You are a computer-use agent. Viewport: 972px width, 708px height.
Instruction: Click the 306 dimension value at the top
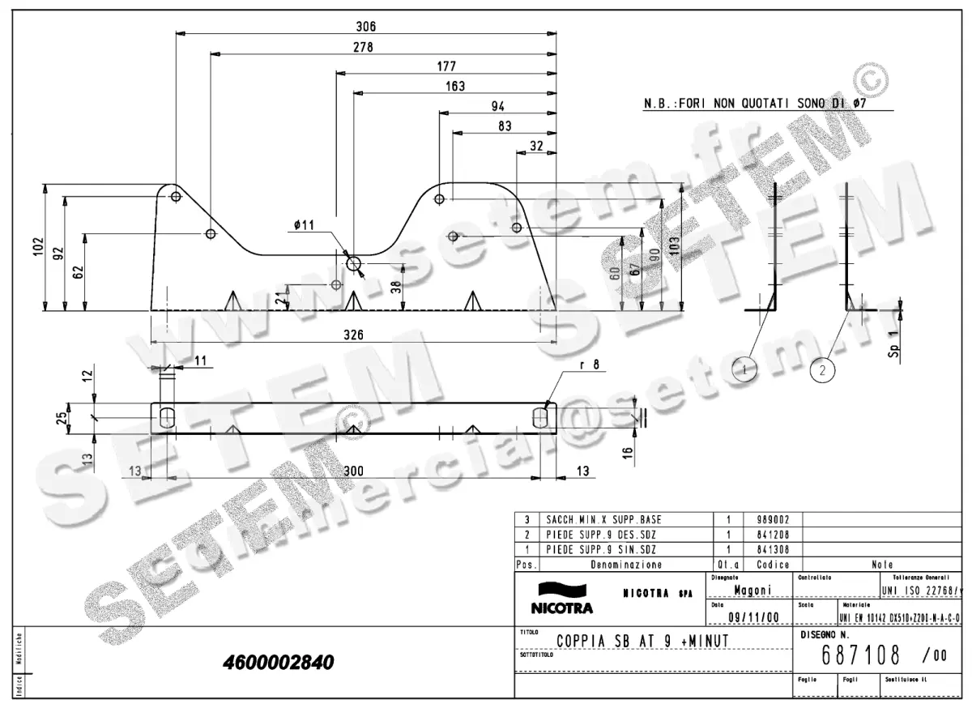366,26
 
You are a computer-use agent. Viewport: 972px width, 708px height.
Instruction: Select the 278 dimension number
363,47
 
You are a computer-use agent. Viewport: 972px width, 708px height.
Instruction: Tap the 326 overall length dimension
353,335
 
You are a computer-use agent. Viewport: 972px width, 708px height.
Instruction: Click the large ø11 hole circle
354,263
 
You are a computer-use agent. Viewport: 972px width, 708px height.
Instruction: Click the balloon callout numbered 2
822,371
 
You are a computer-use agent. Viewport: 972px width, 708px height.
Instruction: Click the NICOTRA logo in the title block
561,598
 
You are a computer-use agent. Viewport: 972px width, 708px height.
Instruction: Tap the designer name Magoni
752,590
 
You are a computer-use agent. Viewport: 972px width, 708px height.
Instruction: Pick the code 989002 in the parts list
773,519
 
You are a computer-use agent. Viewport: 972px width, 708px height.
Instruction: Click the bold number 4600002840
278,663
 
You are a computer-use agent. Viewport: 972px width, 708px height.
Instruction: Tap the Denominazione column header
626,564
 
